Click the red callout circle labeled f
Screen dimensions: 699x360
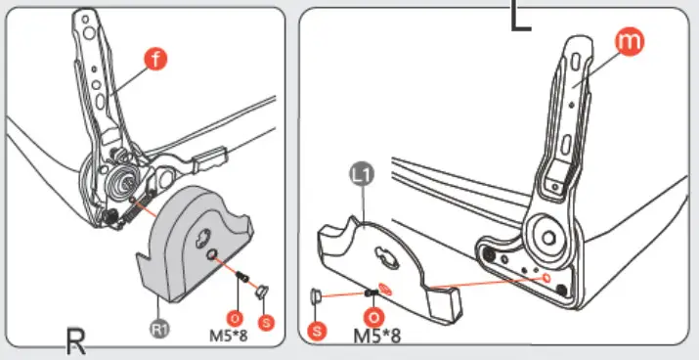[155, 60]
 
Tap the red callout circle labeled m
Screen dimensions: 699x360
[629, 41]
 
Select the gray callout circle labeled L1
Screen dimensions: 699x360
[361, 174]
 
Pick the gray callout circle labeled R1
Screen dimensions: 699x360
[160, 330]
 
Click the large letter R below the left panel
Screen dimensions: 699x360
[76, 340]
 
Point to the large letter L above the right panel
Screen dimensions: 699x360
[521, 16]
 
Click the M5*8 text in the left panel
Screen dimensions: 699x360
[228, 335]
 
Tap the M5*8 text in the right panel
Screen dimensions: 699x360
[377, 336]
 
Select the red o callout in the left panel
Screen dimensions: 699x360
[235, 319]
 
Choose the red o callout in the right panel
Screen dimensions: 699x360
[374, 317]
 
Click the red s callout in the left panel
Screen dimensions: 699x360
[266, 322]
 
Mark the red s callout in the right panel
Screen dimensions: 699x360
[317, 331]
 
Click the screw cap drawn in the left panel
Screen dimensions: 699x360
[262, 292]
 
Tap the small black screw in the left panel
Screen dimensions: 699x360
[242, 277]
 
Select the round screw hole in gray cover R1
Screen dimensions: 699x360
[212, 254]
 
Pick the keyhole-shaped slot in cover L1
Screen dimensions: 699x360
[386, 258]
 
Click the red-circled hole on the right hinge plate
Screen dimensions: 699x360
[547, 279]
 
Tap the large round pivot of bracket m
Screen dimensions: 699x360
[547, 238]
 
